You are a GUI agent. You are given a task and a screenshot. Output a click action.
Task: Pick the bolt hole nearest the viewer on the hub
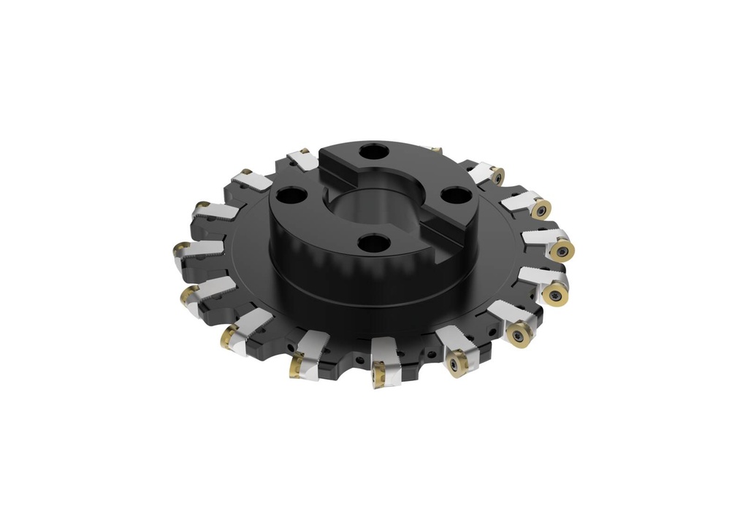375,243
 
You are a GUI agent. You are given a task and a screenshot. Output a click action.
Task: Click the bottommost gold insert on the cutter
380,375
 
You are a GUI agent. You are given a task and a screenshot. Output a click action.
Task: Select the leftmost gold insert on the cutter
179,251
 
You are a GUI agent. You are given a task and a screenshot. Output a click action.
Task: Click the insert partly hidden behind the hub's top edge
436,149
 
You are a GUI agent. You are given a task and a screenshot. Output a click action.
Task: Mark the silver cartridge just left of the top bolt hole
302,160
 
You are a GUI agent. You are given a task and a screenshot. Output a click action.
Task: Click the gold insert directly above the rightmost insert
541,210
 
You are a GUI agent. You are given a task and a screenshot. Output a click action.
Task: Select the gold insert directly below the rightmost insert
556,295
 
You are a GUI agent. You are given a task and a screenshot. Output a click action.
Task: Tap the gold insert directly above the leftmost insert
202,207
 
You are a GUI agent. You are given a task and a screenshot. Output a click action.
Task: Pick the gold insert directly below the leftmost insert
188,295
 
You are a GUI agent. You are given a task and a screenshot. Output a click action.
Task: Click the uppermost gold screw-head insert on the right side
497,176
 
